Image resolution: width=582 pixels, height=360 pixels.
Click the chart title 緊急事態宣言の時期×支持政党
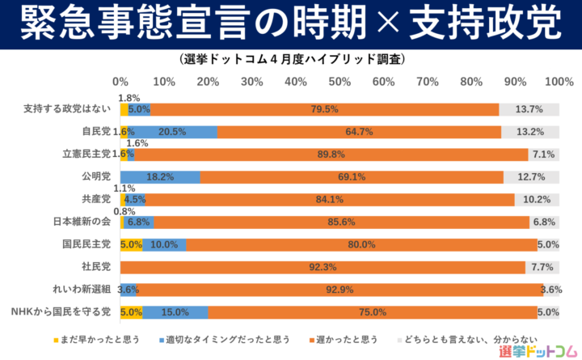290,24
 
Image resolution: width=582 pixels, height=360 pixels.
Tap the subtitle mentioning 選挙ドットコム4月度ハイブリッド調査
290,60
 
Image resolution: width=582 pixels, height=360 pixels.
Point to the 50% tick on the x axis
339,82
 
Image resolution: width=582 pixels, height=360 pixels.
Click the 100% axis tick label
559,82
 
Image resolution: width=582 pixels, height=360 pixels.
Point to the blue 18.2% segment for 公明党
160,176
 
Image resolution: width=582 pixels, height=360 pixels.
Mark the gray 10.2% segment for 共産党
537,199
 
